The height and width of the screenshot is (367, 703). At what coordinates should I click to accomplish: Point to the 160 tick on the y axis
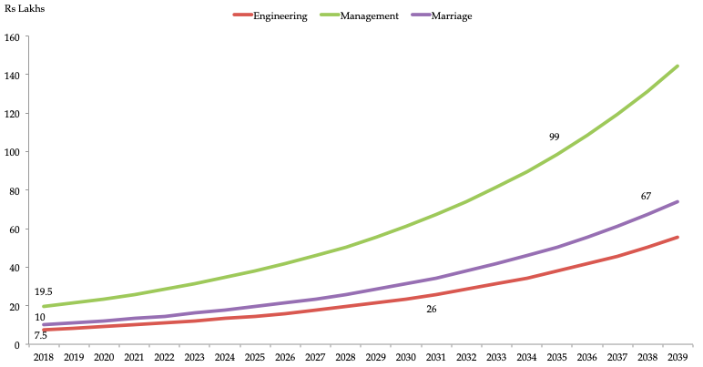[12, 37]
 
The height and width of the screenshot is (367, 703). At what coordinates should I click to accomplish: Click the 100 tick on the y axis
[12, 152]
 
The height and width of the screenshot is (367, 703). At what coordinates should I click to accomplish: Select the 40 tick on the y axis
[15, 268]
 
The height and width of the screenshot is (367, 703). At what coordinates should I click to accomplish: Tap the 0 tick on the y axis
[17, 344]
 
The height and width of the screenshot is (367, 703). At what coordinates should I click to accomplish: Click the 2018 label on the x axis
[43, 358]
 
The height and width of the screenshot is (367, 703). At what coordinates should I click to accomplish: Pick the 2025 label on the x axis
[254, 358]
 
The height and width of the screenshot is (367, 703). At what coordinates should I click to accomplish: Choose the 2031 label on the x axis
[434, 358]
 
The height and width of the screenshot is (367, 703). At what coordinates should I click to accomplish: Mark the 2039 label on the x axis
[676, 358]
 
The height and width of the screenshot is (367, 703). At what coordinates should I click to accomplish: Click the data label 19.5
[44, 291]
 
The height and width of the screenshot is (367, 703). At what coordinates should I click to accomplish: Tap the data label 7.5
[40, 335]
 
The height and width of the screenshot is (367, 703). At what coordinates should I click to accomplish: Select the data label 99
[554, 137]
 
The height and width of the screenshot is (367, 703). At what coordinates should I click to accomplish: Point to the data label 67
[646, 197]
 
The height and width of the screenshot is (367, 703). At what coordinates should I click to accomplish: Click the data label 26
[431, 310]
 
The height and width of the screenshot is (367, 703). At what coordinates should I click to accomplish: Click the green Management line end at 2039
[677, 66]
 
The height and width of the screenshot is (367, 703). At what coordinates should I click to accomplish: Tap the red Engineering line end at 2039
[677, 237]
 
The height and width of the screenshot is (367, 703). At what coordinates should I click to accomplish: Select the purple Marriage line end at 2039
[677, 202]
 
